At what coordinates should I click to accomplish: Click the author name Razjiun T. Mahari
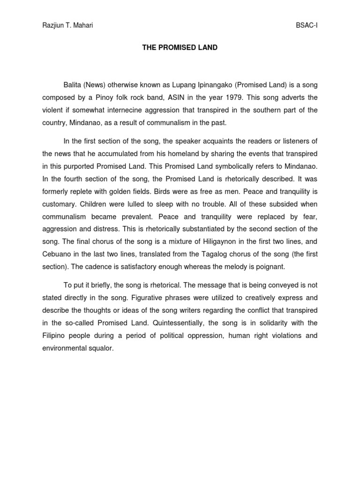67,25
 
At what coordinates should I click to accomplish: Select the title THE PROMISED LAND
180,48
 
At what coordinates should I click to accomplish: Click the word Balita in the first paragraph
73,85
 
